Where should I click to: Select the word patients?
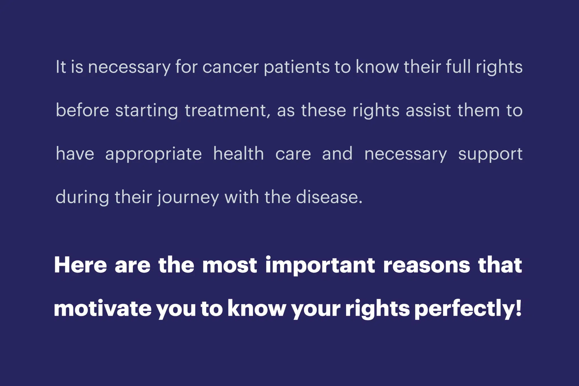297,68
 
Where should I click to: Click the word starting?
147,111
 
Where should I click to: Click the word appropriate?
154,154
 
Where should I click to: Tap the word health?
239,153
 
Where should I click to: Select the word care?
293,154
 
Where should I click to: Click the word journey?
188,197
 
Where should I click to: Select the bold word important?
320,266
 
